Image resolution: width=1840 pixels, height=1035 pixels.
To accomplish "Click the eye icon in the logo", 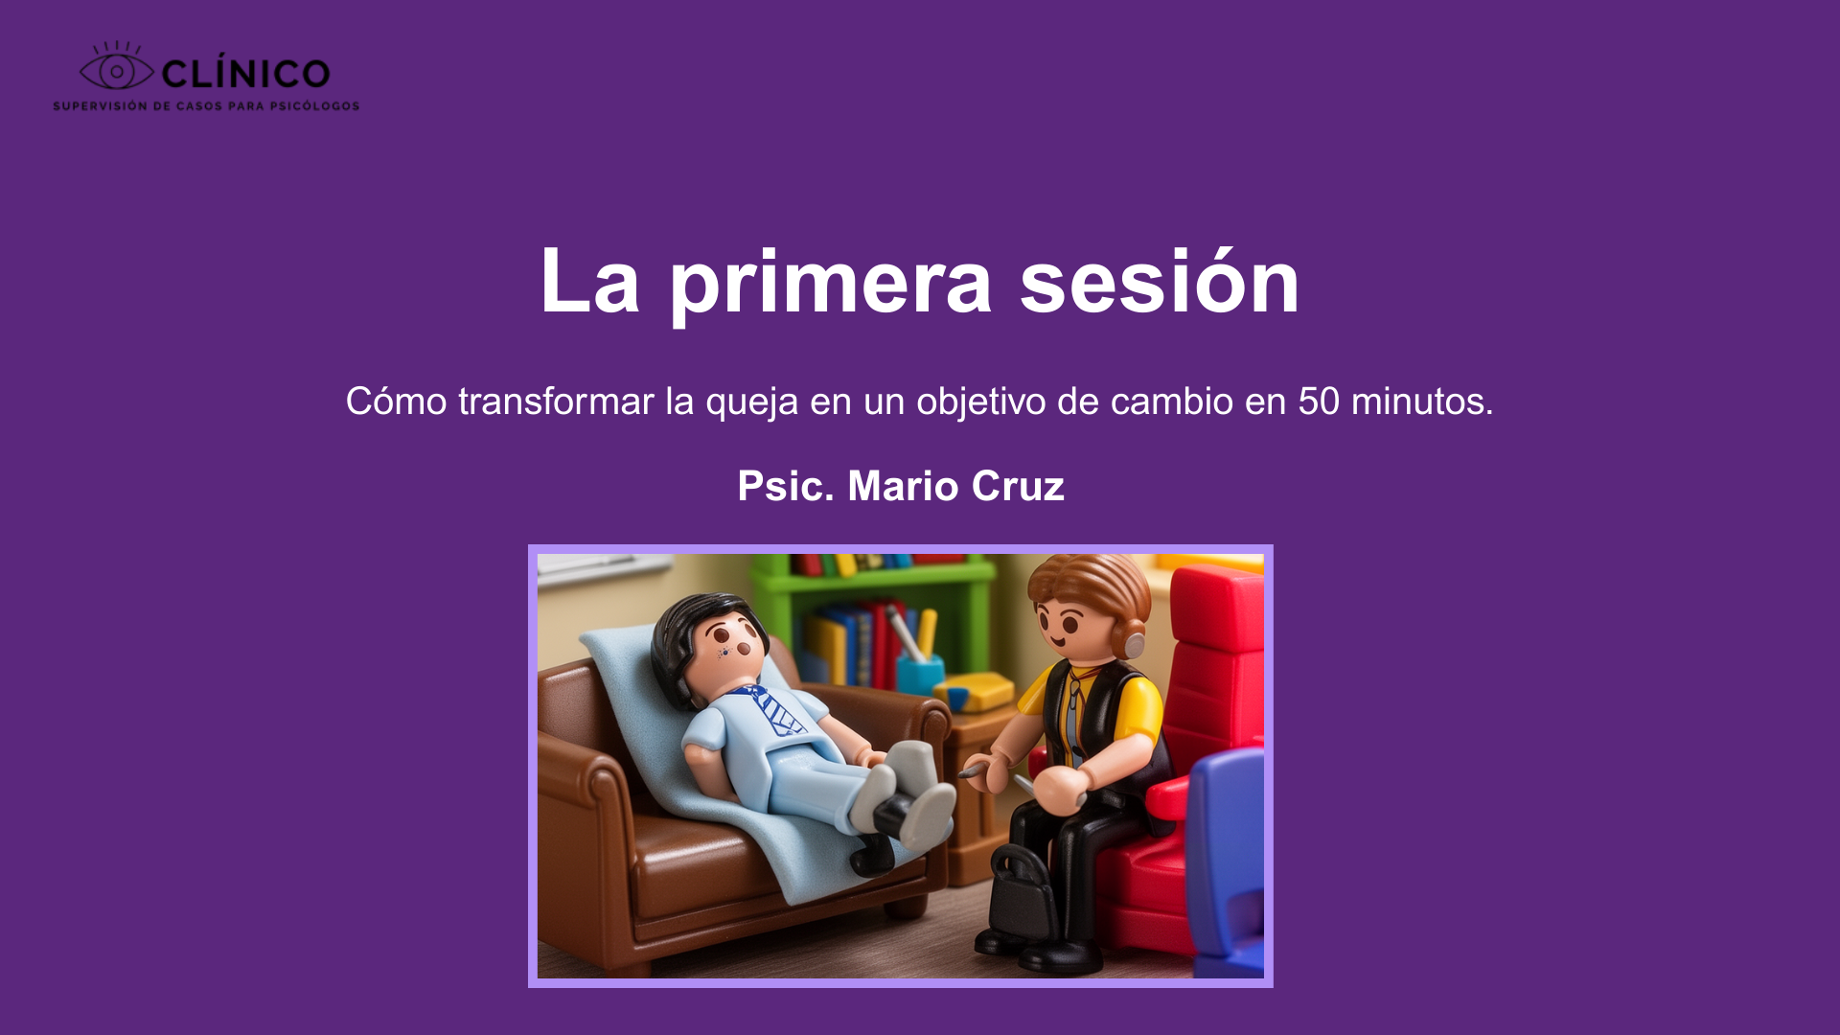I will click(x=116, y=70).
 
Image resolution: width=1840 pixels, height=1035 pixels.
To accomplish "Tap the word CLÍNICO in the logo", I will click(x=245, y=74).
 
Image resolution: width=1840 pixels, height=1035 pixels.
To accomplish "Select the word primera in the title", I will click(x=830, y=282).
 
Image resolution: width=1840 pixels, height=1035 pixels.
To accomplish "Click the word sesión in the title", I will click(x=1159, y=282).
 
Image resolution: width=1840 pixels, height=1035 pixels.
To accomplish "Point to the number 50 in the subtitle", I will click(x=1319, y=402).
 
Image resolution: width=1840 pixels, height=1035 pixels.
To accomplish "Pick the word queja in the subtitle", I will click(x=751, y=402).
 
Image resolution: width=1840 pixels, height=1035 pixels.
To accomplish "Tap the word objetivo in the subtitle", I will click(x=980, y=402).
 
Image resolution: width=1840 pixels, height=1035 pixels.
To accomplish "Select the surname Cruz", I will click(x=1018, y=486).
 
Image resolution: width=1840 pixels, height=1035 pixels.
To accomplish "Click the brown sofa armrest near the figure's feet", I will click(x=925, y=719).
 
